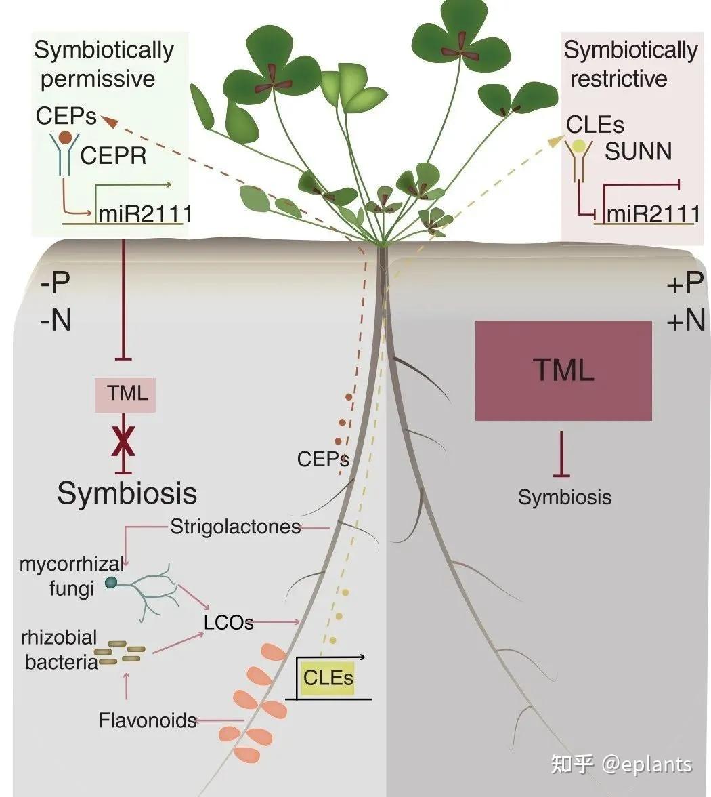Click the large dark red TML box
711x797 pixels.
coord(563,371)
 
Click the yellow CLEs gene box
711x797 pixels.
coord(328,677)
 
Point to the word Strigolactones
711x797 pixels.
coord(236,527)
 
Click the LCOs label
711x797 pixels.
coord(228,622)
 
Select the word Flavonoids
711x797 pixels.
coord(148,720)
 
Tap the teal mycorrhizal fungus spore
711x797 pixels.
coord(111,582)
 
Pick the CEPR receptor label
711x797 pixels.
coord(114,157)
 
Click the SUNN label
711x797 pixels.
coord(638,151)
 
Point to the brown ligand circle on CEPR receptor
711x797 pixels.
coord(65,138)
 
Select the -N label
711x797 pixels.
coord(56,319)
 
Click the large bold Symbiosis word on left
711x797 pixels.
coord(127,493)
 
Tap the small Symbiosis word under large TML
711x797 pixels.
coord(565,497)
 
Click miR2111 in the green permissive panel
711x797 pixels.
coord(145,214)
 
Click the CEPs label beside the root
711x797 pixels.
coord(322,459)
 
